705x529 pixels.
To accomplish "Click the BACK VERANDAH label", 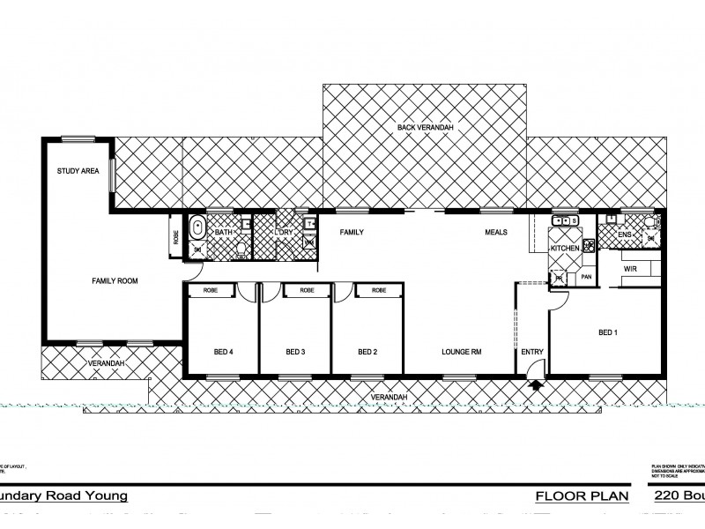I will coord(425,129).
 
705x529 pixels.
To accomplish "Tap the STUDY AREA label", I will coord(78,171).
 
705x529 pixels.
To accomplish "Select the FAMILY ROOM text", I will coord(115,281).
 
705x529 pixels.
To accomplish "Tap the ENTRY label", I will coord(532,353).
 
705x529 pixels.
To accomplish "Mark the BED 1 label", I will coord(608,332).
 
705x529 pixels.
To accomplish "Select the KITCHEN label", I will coord(564,250).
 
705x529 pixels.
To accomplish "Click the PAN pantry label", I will coord(584,278).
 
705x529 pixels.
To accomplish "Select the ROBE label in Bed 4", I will coord(211,290).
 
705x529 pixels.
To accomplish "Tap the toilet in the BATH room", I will coord(241,250).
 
